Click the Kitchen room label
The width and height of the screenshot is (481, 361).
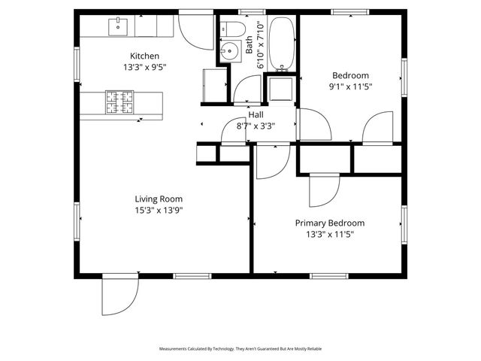(144, 56)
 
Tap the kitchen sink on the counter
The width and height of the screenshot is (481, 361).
(118, 26)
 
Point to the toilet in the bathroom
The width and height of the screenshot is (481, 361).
(235, 30)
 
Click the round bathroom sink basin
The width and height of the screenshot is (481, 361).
(230, 51)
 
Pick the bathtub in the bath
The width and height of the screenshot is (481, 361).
(283, 44)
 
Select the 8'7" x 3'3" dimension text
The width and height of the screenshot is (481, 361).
(256, 126)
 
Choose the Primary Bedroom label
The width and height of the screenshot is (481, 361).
(329, 223)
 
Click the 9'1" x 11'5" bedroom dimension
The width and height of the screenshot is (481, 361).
(351, 86)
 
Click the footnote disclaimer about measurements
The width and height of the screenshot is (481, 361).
(240, 349)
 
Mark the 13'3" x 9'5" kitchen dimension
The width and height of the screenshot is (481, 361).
(144, 67)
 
